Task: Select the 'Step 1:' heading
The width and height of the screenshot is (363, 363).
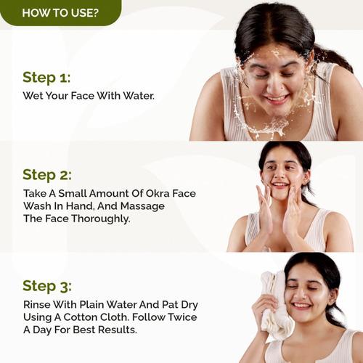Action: (46, 78)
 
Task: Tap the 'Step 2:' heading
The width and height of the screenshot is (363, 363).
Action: (47, 174)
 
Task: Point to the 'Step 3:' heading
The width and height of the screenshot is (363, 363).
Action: (47, 285)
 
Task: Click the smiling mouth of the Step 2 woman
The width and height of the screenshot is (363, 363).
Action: (280, 185)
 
